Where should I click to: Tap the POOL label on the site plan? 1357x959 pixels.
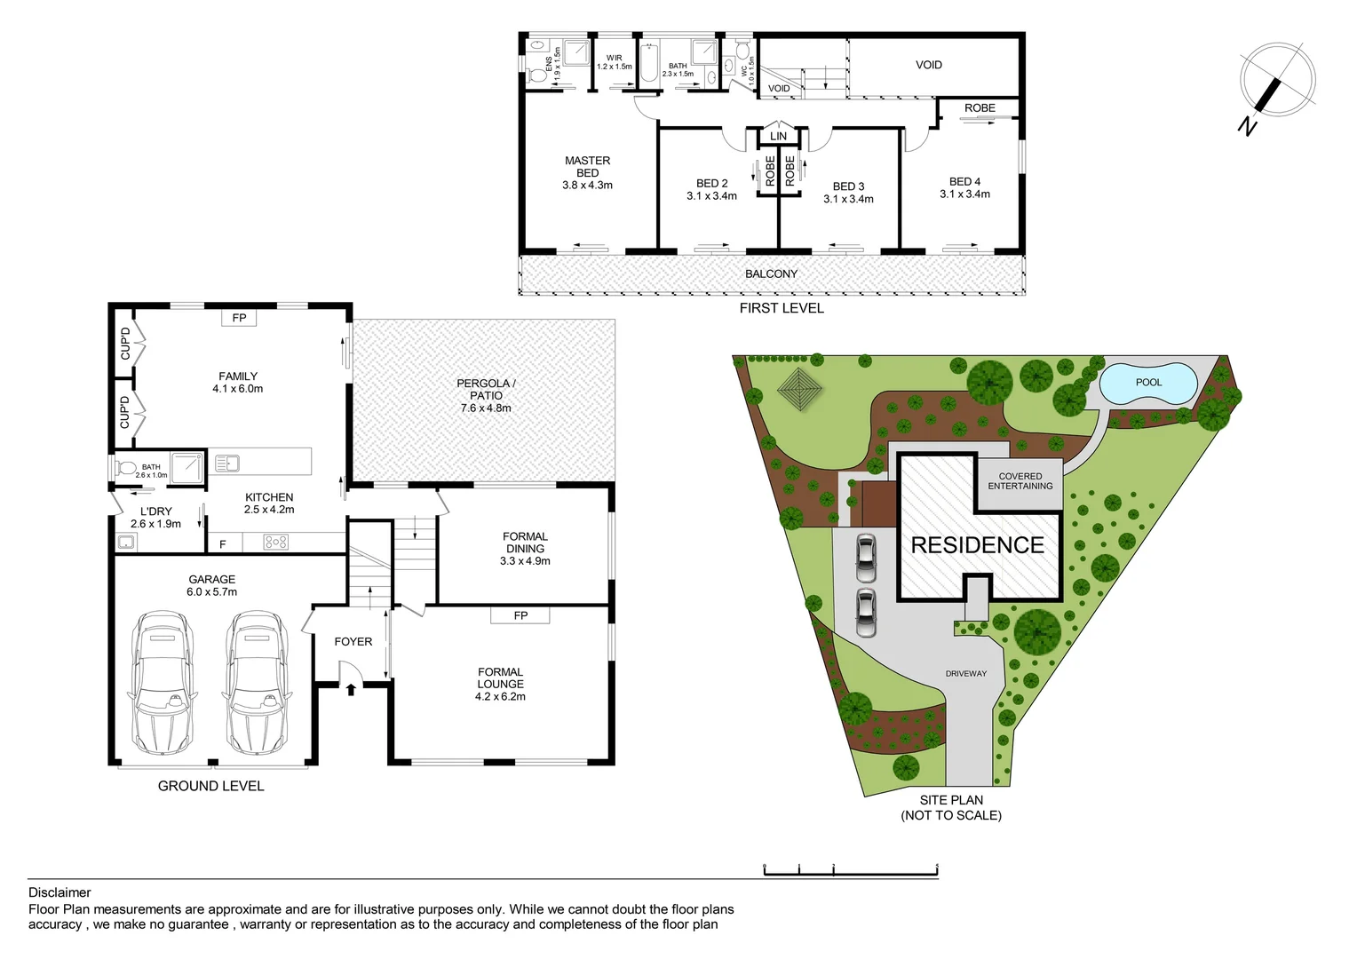coord(1148,383)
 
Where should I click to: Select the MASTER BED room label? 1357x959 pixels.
coord(587,167)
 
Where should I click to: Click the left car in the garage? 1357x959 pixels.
coord(163,681)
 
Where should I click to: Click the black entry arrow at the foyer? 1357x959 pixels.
coord(351,687)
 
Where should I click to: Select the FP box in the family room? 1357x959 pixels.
coord(239,318)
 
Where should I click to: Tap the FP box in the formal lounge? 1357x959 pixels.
coord(520,615)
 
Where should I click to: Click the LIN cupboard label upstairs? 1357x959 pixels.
coord(778,136)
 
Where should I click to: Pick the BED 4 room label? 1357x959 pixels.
coord(964,182)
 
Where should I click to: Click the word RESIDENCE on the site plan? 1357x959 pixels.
coord(977,545)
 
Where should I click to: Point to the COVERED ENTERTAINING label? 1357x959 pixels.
coord(1020,481)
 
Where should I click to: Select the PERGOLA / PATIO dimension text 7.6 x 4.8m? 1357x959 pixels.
coord(486,408)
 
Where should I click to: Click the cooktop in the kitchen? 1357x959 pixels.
coord(275,542)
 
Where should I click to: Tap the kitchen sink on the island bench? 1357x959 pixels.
coord(226,463)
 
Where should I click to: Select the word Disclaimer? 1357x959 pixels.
coord(60,892)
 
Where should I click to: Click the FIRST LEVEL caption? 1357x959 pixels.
coord(782,308)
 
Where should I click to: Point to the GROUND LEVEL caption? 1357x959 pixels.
coord(210,786)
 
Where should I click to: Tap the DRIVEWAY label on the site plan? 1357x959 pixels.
coord(965,674)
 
